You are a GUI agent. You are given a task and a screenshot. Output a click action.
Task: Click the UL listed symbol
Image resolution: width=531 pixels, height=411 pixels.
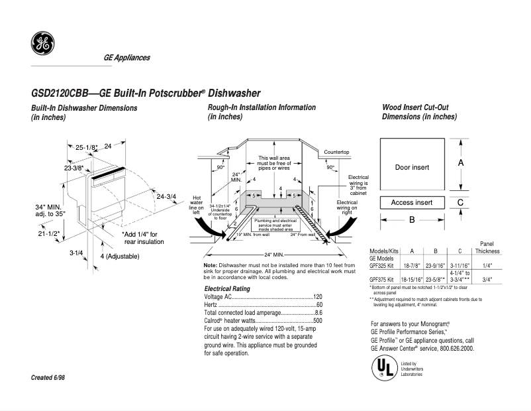[x=383, y=367]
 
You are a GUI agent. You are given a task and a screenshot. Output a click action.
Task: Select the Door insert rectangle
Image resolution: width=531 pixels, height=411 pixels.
[x=412, y=167]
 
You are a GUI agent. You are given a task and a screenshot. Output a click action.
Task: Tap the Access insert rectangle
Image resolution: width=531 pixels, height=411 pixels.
[x=412, y=202]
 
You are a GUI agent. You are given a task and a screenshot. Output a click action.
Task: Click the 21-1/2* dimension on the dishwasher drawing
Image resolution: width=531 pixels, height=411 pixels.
[x=48, y=233]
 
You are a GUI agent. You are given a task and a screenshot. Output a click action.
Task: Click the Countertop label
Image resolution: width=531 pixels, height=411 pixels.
[x=336, y=152]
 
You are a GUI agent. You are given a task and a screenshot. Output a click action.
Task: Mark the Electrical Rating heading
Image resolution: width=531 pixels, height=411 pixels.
[x=226, y=288]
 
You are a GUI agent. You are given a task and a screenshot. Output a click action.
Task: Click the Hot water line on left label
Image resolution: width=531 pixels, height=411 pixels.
[x=196, y=205]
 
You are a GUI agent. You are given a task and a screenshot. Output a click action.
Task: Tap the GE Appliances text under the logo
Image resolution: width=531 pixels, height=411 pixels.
[x=126, y=58]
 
